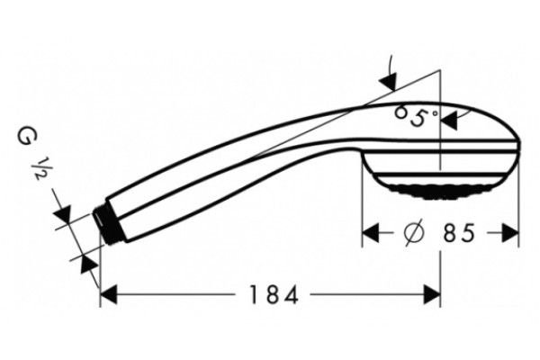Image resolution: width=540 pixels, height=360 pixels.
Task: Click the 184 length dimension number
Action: click(x=274, y=294)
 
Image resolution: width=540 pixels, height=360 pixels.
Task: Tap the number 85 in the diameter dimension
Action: click(x=459, y=233)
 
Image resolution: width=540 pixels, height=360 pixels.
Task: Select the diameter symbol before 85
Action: click(x=413, y=233)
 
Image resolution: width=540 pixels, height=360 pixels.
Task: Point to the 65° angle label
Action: click(x=416, y=116)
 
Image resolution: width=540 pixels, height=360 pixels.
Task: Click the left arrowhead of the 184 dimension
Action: click(x=109, y=294)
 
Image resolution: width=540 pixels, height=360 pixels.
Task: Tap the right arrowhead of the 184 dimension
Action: click(x=432, y=294)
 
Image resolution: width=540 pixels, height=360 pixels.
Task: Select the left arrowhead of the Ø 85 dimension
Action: click(x=371, y=233)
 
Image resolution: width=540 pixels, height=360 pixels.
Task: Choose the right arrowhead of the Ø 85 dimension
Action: click(x=510, y=233)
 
